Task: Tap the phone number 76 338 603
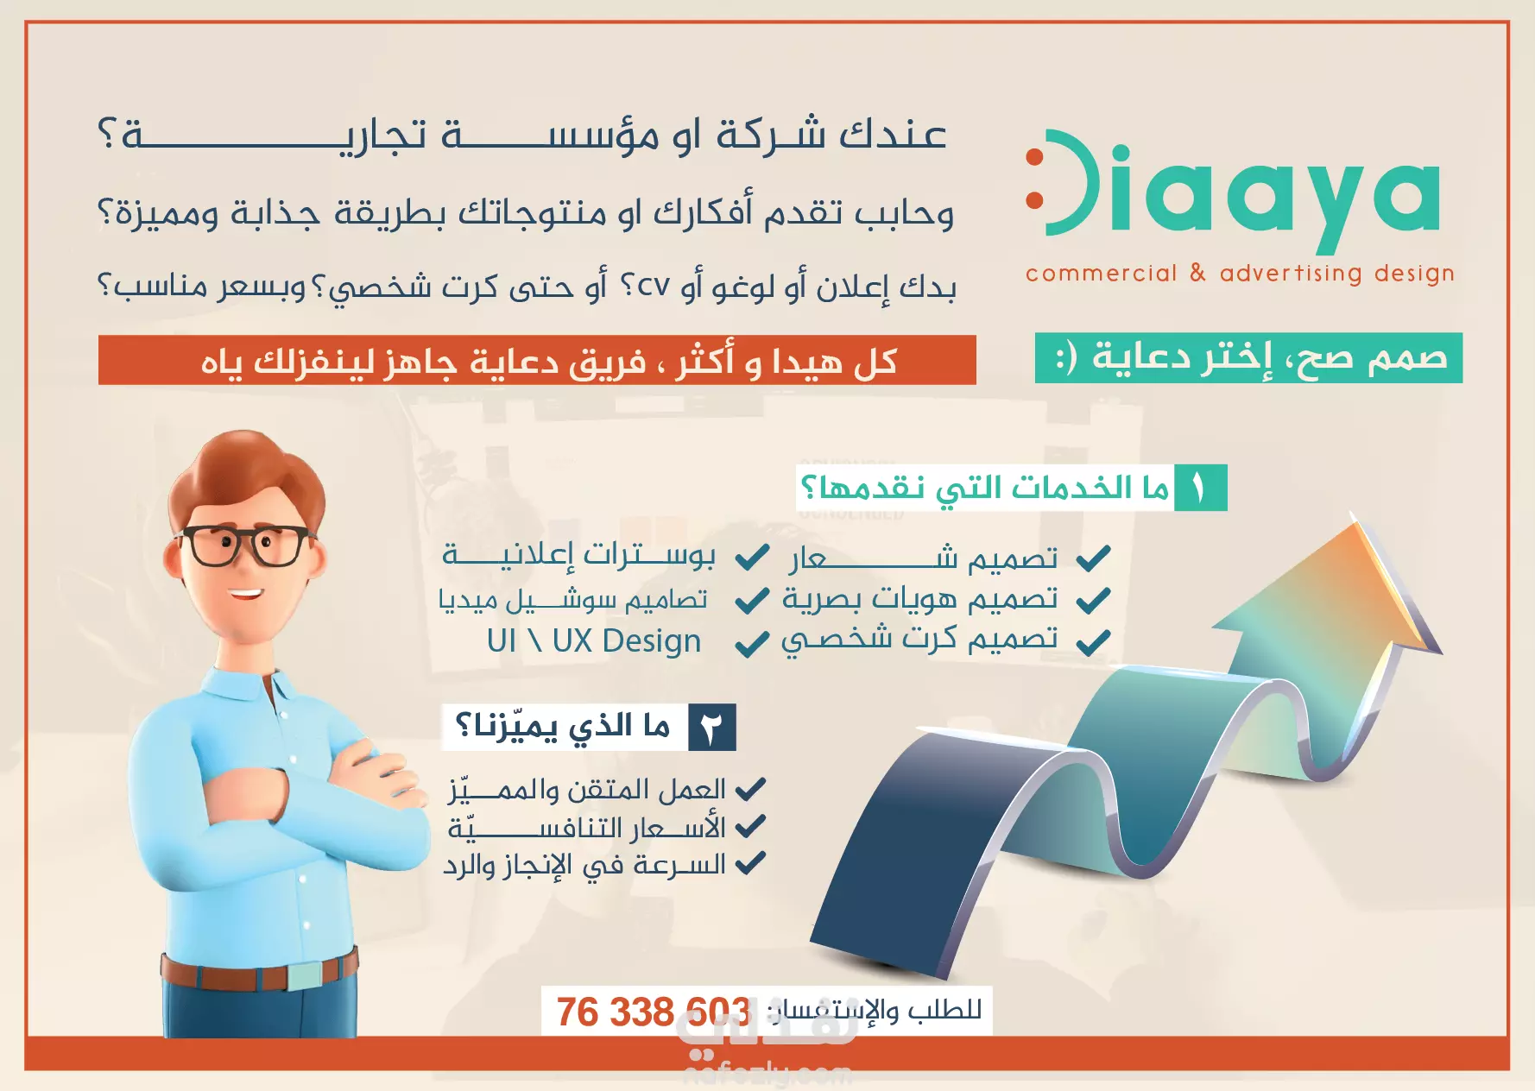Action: point(653,1012)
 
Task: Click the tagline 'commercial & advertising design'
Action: point(1240,274)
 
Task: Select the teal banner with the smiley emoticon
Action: point(1248,357)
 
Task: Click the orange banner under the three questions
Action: point(537,360)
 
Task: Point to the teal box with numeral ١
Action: point(1200,489)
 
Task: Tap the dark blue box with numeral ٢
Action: point(711,727)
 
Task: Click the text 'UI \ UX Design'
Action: point(594,641)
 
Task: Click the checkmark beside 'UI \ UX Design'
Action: point(751,643)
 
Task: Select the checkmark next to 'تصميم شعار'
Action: point(1093,558)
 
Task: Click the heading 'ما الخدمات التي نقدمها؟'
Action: point(984,489)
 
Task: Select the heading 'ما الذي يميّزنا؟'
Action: point(562,727)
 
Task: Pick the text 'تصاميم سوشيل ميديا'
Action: point(572,599)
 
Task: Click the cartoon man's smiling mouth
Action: point(245,595)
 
